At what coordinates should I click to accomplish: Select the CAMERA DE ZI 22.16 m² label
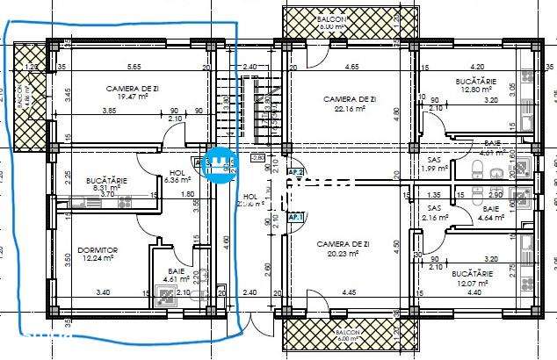click(349, 104)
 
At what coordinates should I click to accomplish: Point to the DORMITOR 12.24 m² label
click(97, 255)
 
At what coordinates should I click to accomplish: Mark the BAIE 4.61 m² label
click(177, 277)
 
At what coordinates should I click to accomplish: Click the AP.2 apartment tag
click(296, 173)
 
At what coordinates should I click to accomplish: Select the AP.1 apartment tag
click(296, 217)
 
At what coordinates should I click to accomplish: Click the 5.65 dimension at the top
click(134, 67)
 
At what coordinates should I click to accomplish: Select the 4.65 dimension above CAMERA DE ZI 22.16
click(351, 67)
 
